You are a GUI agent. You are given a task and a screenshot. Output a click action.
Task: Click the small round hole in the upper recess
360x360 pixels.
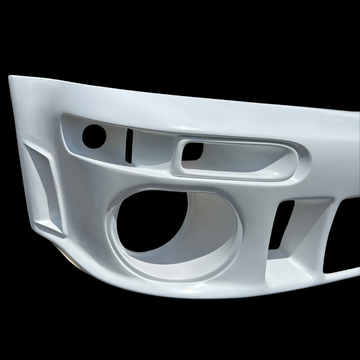coord(94,136)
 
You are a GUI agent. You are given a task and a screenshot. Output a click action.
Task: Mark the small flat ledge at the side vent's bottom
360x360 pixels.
coord(50,230)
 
